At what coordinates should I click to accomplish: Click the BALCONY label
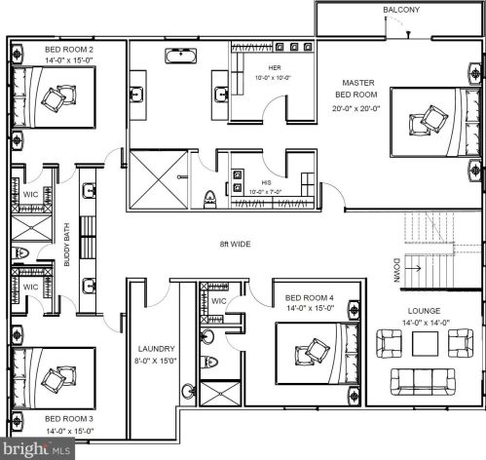(x=401, y=10)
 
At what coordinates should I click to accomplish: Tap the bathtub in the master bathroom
(x=181, y=56)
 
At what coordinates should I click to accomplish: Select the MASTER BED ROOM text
(x=356, y=89)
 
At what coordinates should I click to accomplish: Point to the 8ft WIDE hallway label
(x=235, y=244)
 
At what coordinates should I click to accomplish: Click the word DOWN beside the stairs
(x=396, y=270)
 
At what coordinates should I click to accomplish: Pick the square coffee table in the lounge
(x=425, y=344)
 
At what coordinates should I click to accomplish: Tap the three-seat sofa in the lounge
(x=423, y=382)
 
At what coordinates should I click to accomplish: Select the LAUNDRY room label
(x=157, y=349)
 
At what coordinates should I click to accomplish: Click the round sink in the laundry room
(x=187, y=391)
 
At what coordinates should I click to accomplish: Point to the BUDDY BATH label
(x=67, y=245)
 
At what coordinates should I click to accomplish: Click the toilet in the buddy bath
(x=20, y=252)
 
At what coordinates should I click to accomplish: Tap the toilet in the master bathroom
(x=209, y=199)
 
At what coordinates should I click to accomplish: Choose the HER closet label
(x=275, y=68)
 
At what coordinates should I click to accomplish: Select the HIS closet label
(x=266, y=183)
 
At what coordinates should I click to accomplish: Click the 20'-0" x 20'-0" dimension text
(x=356, y=108)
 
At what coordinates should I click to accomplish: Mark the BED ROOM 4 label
(x=310, y=298)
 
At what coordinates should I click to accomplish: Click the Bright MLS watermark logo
(x=37, y=448)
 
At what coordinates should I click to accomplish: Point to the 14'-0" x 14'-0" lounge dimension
(x=426, y=323)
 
